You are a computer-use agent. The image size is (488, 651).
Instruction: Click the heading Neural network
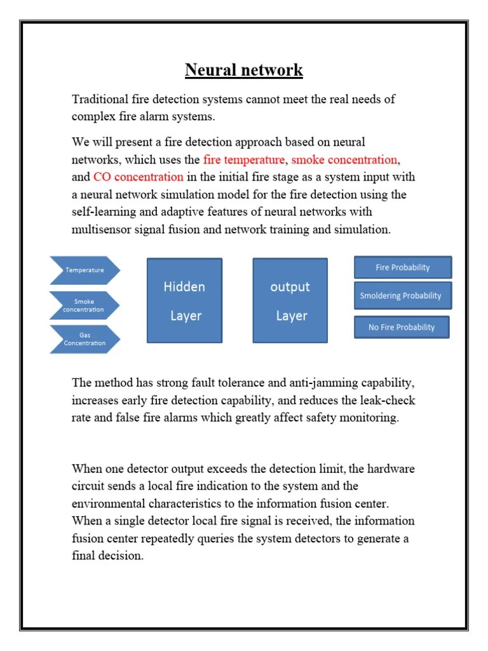243,70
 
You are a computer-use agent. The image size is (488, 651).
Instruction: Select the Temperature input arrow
84,270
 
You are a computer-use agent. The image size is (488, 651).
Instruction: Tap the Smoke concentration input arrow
84,306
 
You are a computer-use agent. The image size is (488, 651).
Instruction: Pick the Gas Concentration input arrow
84,339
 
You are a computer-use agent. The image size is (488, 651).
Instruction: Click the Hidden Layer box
184,301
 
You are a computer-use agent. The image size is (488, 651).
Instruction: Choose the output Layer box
290,301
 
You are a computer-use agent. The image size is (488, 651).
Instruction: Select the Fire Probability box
402,268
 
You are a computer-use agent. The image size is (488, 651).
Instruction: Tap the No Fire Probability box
401,327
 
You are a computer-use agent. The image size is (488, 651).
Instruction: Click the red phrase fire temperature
243,160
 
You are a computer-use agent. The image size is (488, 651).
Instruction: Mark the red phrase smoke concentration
344,160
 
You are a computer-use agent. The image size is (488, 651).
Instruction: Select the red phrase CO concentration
138,177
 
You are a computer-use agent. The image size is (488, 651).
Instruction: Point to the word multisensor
102,229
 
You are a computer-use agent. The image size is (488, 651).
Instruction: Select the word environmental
108,504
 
